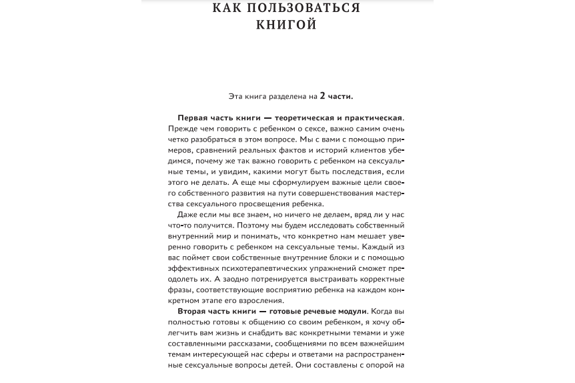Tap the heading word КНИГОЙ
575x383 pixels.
(x=287, y=25)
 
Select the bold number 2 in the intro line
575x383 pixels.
(x=323, y=96)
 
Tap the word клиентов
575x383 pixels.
(x=370, y=150)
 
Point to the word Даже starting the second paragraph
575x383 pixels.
(x=187, y=214)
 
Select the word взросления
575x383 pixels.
(x=262, y=300)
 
